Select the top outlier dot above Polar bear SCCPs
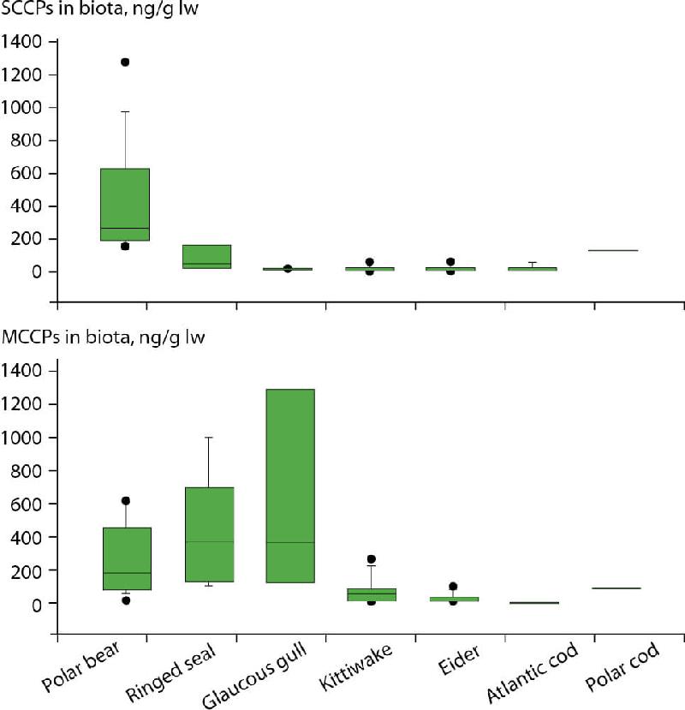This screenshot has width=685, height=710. point(125,63)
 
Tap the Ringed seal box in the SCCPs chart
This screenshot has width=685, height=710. point(209,256)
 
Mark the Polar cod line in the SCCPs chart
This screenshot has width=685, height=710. point(613,250)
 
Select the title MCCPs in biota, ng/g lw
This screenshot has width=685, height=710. point(98,337)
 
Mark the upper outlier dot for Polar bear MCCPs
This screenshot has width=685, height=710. point(125,501)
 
